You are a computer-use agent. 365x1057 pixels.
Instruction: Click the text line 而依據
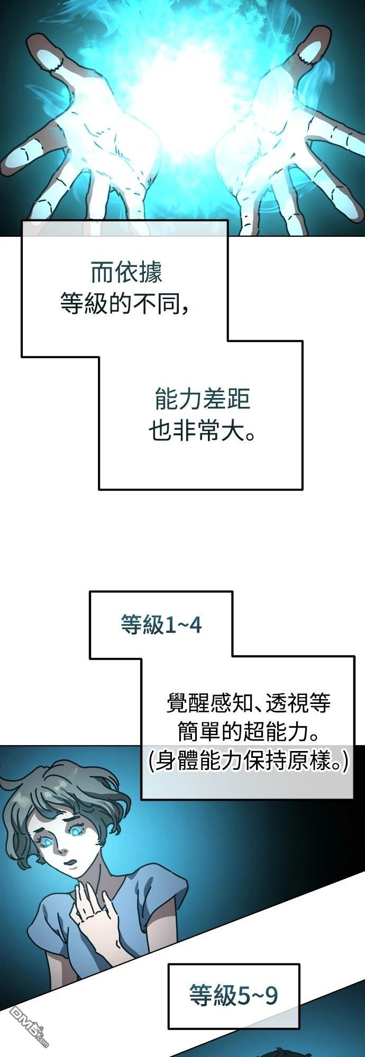[126, 273]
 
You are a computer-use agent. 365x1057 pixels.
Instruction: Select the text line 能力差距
[202, 400]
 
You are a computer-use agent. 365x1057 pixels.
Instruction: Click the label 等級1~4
[161, 625]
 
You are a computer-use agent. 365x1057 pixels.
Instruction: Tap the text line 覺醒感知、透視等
[249, 703]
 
